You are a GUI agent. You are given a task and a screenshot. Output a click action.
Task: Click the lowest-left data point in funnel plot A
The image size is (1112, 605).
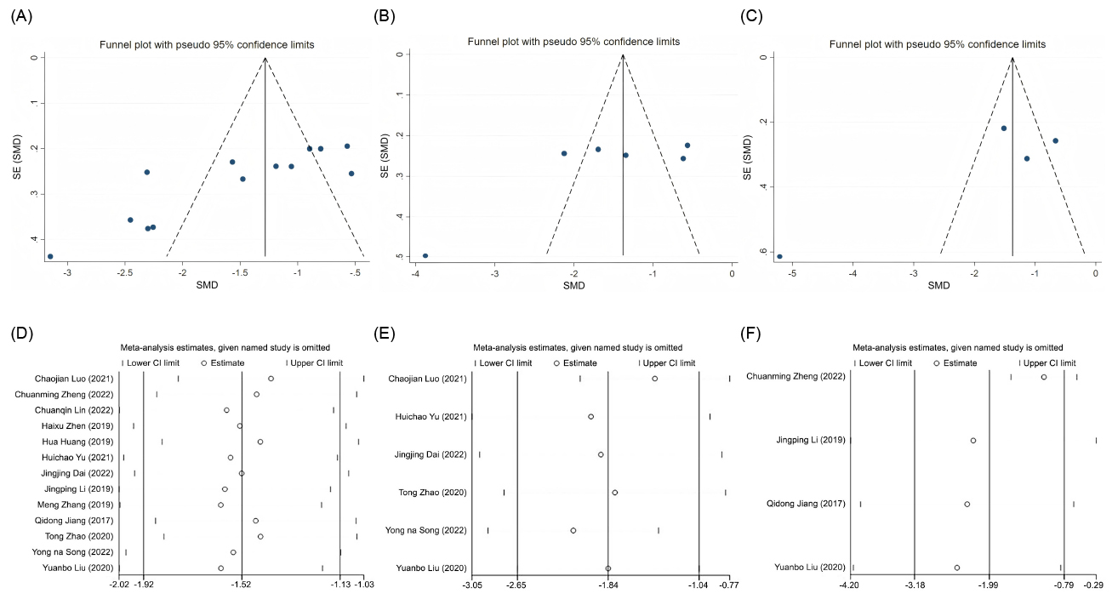(x=50, y=256)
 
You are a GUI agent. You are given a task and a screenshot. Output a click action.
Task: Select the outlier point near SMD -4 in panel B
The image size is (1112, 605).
(x=425, y=255)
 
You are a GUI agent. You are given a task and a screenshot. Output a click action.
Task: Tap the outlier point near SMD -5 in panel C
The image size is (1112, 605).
(x=779, y=256)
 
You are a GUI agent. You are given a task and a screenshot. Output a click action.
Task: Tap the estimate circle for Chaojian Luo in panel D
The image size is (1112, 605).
(x=271, y=379)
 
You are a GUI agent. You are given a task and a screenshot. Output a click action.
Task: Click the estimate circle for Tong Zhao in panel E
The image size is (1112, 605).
(x=614, y=493)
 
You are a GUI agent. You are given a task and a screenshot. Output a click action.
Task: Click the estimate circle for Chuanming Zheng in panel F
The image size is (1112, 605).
(x=1044, y=376)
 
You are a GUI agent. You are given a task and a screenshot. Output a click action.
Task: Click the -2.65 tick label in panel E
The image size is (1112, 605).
(x=517, y=585)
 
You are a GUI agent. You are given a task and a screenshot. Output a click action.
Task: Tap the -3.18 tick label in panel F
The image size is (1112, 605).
(x=915, y=585)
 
